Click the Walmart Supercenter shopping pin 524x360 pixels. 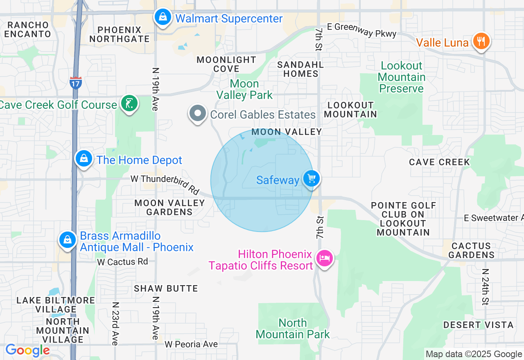163,18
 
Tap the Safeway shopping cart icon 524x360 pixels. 312,179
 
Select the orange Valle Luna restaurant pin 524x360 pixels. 481,41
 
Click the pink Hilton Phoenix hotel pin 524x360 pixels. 325,258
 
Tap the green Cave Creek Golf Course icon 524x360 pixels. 129,103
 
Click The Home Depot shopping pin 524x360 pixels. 84,159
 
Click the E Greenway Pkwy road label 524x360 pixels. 365,30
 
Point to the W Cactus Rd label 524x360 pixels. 122,261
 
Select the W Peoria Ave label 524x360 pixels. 191,344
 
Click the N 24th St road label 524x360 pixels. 485,287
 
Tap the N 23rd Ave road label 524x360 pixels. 115,323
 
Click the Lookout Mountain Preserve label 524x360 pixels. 401,77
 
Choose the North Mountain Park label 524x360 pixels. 293,328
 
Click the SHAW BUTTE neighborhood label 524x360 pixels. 166,288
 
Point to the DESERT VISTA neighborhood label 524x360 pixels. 478,325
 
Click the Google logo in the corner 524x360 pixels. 27,351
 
